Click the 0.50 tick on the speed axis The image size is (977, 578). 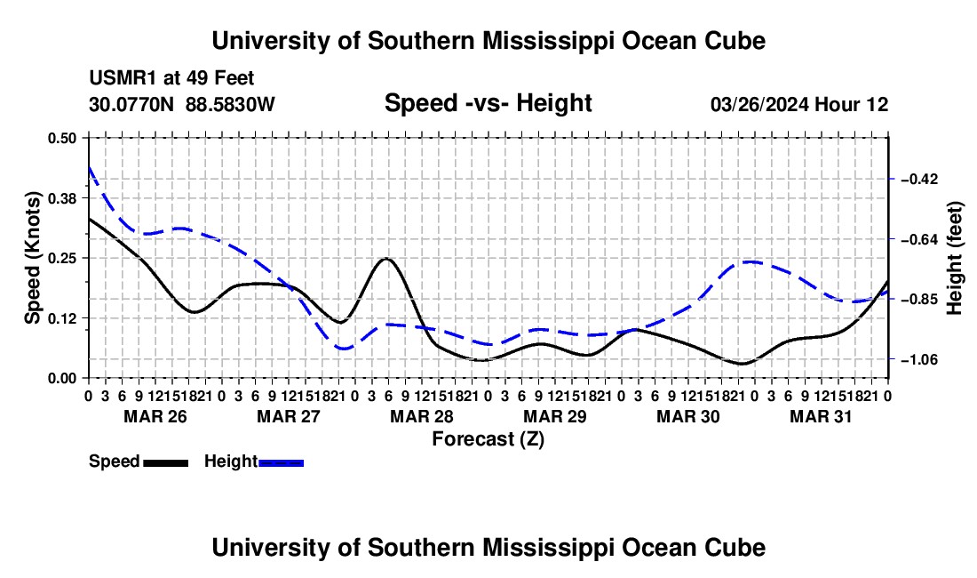coord(61,138)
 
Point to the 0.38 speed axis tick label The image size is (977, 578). coord(61,198)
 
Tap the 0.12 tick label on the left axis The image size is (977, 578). coord(61,318)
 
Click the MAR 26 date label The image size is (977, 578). coord(155,416)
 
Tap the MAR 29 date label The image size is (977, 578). coord(555,416)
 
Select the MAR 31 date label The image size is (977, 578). coord(821,416)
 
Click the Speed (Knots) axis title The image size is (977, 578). coord(32,258)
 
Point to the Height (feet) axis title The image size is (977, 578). coord(955,258)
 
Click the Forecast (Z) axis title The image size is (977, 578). coord(488,439)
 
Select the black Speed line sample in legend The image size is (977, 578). coord(166,462)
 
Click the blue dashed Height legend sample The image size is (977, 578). coord(281,462)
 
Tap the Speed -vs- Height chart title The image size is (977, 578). coord(488,103)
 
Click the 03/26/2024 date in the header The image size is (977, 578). coord(759,104)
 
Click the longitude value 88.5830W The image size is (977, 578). coord(230,104)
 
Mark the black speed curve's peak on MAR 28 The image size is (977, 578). coord(386,258)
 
